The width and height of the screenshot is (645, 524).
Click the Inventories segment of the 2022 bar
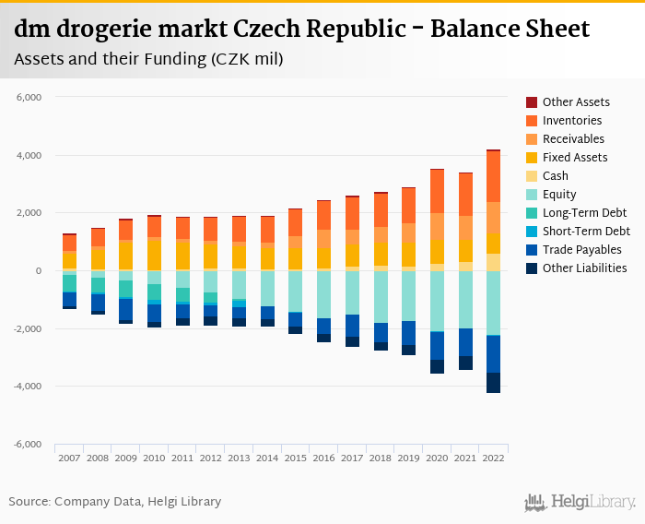493,176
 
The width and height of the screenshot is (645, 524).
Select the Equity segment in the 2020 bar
437,301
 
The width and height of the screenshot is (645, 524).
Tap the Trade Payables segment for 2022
493,353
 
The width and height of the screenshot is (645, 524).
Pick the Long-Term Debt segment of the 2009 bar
125,289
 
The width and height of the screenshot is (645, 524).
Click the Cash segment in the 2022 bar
493,262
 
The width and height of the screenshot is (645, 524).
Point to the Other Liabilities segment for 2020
437,366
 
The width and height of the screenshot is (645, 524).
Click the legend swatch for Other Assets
532,102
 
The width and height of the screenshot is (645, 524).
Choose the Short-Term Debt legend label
586,232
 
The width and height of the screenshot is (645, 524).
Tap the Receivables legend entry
573,139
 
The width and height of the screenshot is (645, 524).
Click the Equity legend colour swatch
532,195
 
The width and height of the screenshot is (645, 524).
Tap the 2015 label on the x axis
295,458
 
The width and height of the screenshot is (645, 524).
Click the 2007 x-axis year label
69,458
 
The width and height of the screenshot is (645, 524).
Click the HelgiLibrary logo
580,502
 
